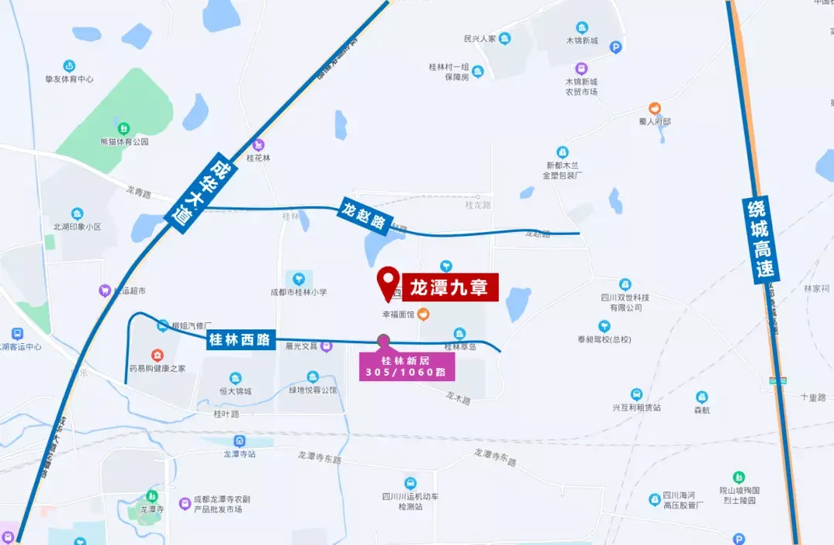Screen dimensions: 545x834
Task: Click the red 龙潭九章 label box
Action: coord(449,288)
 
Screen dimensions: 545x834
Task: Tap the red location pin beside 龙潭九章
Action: coord(388,282)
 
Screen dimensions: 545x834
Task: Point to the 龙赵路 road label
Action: coord(365,215)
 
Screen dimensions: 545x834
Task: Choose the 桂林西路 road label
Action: coord(241,339)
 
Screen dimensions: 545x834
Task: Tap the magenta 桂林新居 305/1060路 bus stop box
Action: coord(407,366)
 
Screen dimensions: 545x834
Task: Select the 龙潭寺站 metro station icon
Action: coord(239,441)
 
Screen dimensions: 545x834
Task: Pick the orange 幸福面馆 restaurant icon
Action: coord(424,315)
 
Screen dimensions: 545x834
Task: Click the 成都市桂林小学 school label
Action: coord(298,292)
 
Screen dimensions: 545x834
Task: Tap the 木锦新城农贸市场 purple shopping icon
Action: coord(581,68)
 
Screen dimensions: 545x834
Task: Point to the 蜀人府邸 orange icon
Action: coord(655,108)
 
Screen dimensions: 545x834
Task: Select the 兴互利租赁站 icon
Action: coord(636,394)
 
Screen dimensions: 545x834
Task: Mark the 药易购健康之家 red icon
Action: coord(158,356)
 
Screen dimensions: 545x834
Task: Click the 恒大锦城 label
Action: coord(235,391)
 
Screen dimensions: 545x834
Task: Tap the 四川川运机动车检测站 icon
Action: coord(410,483)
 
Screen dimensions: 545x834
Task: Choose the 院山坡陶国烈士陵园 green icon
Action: coord(740,477)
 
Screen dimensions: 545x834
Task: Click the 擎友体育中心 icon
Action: coord(69,66)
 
